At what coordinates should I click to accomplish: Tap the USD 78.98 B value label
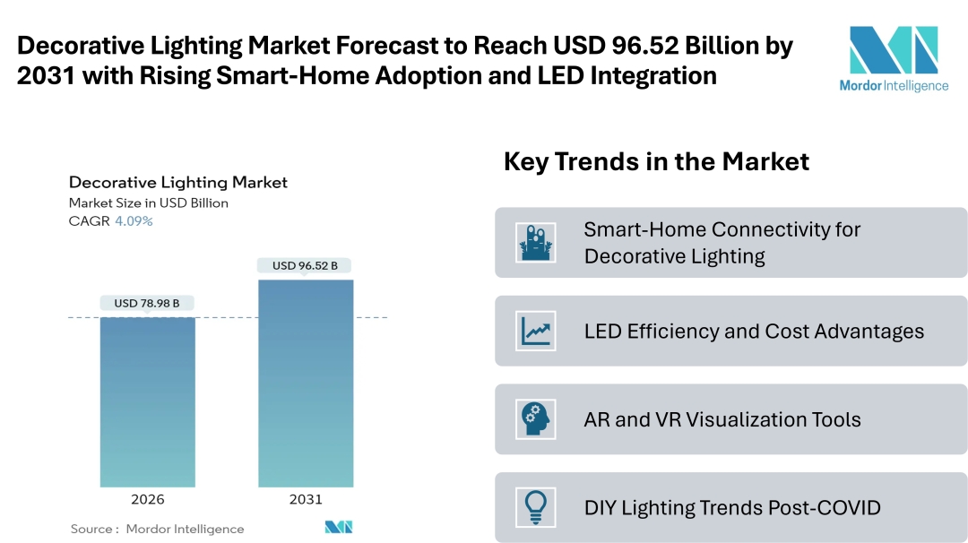(x=147, y=303)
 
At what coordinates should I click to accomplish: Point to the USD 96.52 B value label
(x=305, y=265)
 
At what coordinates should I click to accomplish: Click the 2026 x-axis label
(x=147, y=499)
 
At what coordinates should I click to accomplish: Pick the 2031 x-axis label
(x=306, y=499)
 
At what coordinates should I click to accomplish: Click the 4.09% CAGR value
(x=134, y=221)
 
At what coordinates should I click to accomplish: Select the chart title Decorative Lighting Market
(x=178, y=183)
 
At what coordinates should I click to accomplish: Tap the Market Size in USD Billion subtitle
(x=149, y=203)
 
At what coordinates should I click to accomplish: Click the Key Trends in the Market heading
(x=656, y=161)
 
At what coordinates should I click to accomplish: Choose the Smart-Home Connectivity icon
(x=536, y=242)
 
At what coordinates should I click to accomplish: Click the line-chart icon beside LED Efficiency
(x=536, y=331)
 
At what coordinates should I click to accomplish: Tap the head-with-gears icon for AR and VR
(x=536, y=419)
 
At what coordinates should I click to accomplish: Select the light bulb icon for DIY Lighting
(x=536, y=507)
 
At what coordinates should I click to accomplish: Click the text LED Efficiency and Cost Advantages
(x=754, y=332)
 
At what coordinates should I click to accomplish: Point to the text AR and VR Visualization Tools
(x=722, y=419)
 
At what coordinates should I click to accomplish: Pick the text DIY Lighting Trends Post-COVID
(x=732, y=508)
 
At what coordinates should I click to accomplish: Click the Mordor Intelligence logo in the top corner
(x=893, y=58)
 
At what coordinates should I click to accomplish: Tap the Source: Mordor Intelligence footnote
(x=158, y=529)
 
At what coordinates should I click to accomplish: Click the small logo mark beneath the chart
(x=339, y=527)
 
